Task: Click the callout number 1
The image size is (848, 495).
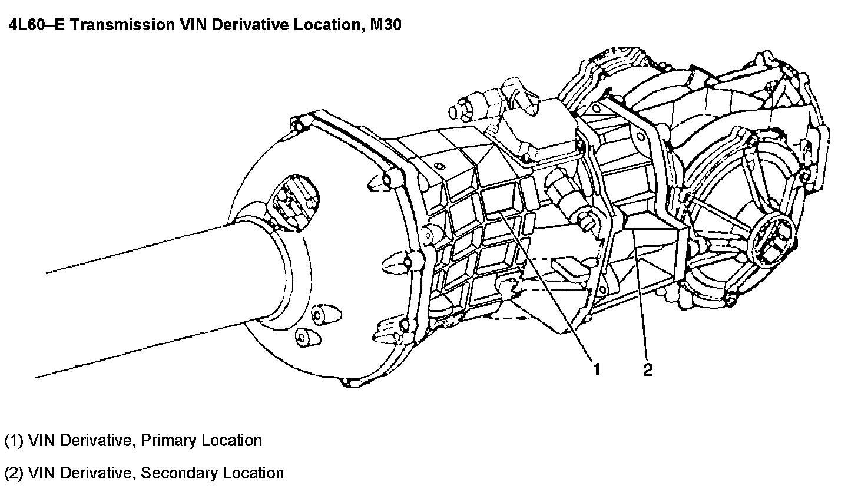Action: coord(597,369)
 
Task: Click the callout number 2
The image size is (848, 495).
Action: coord(648,369)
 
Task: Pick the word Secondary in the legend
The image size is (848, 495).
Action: coord(179,473)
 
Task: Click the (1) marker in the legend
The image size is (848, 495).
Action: coord(14,440)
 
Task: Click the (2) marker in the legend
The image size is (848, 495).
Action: coord(14,473)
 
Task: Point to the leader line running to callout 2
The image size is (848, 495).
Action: coord(641,295)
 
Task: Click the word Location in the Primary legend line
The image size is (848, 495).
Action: coord(233,440)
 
